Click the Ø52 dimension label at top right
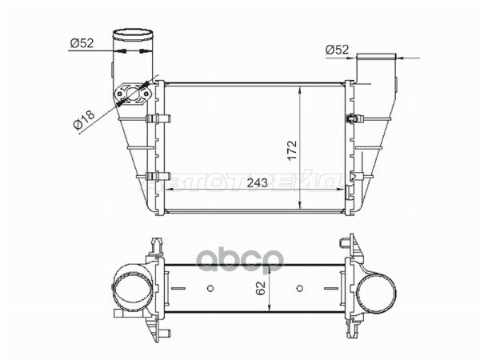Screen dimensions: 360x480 [337, 50]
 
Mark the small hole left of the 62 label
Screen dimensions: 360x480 [210, 289]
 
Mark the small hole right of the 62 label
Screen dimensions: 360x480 [298, 289]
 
